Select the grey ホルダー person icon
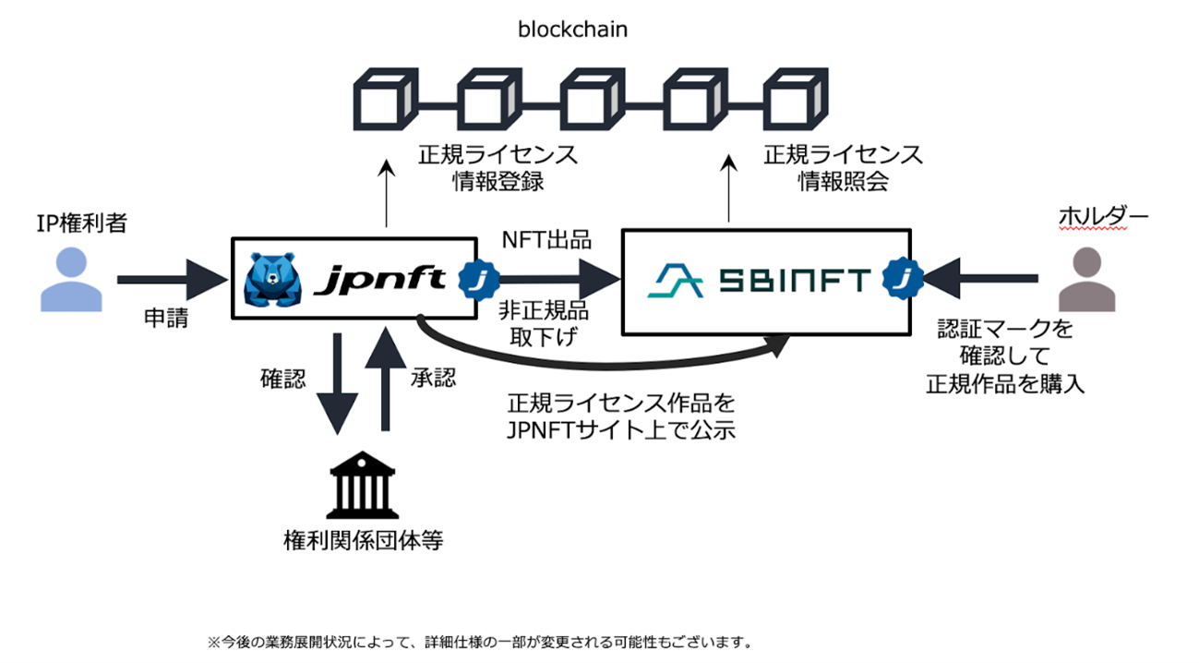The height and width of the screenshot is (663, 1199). click(1086, 277)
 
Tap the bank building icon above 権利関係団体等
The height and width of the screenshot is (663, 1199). click(363, 485)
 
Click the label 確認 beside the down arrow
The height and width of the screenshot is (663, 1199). click(282, 380)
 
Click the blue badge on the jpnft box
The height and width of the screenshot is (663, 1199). click(478, 277)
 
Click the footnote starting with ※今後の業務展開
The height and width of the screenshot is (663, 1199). click(479, 640)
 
